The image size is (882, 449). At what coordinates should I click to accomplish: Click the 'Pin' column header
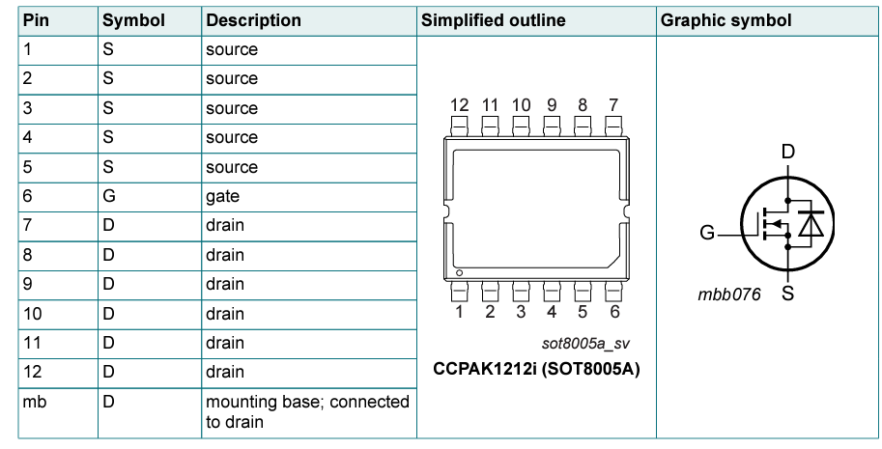click(x=36, y=20)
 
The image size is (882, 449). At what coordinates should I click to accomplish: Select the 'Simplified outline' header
click(x=494, y=20)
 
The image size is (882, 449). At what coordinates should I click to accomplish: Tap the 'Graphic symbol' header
click(x=726, y=20)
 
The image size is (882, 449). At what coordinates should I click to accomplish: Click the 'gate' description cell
click(x=222, y=196)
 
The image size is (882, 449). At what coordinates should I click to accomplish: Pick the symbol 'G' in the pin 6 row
click(x=108, y=196)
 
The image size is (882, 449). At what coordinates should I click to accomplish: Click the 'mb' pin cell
click(x=34, y=402)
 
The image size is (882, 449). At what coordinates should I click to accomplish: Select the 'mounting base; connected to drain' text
click(x=306, y=411)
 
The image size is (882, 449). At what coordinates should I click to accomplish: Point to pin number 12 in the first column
click(x=32, y=372)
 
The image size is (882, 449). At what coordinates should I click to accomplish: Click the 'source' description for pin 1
click(x=231, y=48)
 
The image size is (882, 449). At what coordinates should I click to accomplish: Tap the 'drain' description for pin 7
click(x=224, y=225)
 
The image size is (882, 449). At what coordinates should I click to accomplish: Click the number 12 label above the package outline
click(x=459, y=105)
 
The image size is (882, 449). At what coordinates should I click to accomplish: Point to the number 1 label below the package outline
click(x=459, y=312)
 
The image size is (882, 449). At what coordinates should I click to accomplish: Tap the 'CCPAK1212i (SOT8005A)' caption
click(x=537, y=370)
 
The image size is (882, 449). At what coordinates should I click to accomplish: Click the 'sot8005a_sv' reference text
click(x=586, y=343)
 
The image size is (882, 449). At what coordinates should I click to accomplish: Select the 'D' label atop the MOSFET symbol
click(x=787, y=152)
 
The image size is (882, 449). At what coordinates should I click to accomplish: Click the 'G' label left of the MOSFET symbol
click(x=708, y=233)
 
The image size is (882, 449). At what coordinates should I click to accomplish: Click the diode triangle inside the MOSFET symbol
click(x=811, y=224)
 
